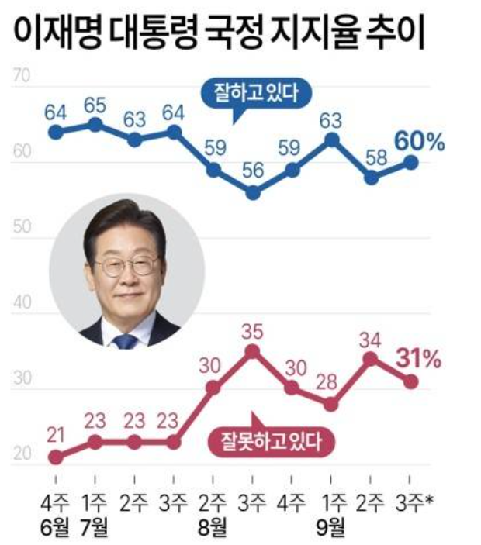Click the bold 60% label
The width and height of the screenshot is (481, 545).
(x=419, y=142)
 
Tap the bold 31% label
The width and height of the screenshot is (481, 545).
(x=419, y=359)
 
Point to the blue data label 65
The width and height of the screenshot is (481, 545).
(x=95, y=105)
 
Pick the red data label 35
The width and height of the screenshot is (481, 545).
(x=253, y=330)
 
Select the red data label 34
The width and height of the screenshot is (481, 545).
(x=371, y=338)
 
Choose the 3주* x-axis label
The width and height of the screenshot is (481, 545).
(x=414, y=504)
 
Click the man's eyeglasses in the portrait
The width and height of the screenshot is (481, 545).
(x=127, y=266)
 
